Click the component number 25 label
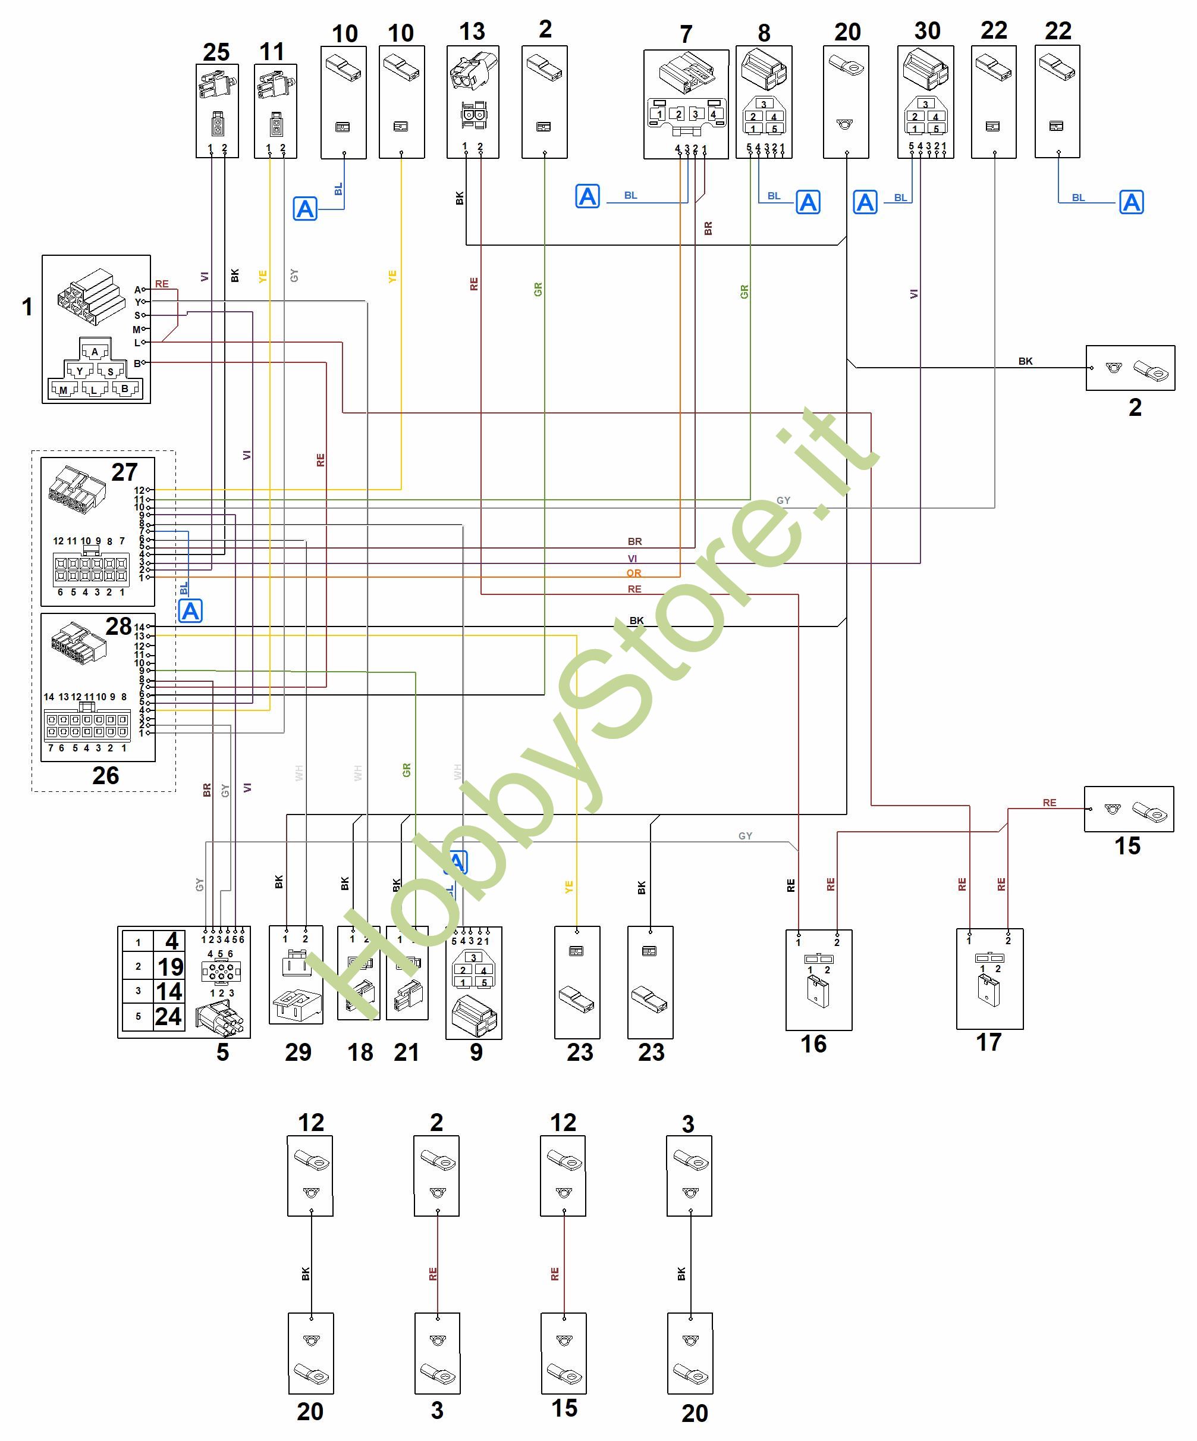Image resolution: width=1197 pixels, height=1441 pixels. pos(216,52)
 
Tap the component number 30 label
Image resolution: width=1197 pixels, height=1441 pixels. pos(926,31)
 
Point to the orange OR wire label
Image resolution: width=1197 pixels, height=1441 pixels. pos(633,573)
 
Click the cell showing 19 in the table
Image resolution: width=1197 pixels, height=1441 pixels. pos(169,967)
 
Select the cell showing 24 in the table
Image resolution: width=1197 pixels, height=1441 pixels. pos(169,1016)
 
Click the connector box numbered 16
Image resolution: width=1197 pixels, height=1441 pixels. pos(818,980)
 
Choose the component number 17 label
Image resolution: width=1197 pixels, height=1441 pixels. pos(988,1042)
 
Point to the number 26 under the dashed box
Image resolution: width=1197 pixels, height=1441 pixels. pos(106,775)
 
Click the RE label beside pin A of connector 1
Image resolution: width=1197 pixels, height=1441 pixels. pos(162,283)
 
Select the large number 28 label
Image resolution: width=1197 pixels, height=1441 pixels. pos(118,626)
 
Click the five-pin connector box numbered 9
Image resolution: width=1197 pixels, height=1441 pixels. pos(473,983)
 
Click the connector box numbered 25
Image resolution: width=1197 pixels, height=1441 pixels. pos(217,111)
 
